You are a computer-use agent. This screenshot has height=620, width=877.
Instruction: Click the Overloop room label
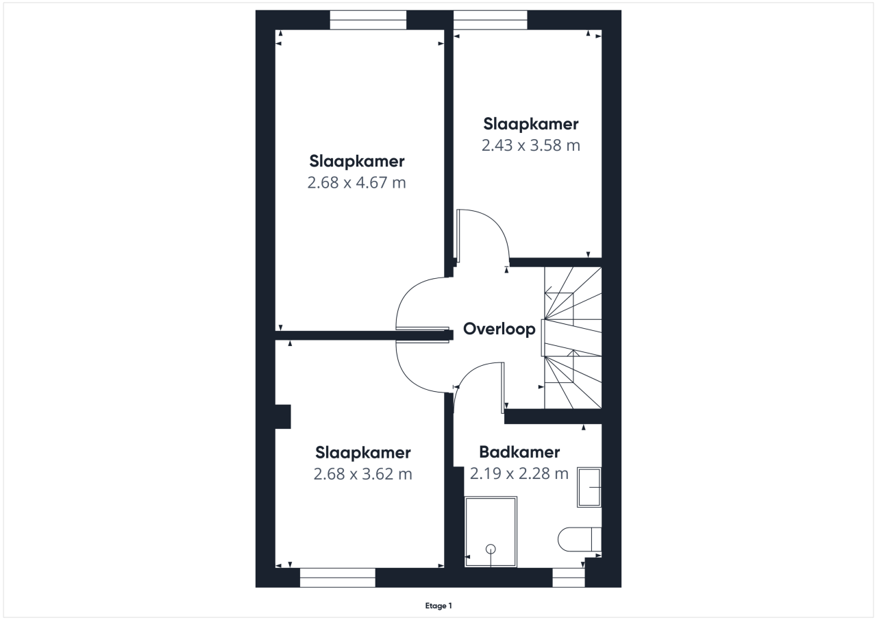click(499, 329)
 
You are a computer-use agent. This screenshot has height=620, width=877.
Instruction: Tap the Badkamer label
click(519, 452)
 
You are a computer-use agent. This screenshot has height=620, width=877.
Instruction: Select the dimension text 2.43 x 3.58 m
click(530, 145)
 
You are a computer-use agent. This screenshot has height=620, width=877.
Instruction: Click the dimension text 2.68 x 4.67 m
click(357, 182)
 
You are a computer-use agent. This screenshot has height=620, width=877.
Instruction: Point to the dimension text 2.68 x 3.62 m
click(363, 474)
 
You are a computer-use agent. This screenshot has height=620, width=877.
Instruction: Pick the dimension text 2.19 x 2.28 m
click(519, 473)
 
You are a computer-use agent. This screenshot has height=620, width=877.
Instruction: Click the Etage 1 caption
click(438, 606)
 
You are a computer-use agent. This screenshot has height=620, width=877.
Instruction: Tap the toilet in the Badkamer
click(580, 539)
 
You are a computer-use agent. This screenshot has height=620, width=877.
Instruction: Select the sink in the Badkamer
click(589, 487)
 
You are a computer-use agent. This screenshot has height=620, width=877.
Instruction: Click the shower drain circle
click(491, 549)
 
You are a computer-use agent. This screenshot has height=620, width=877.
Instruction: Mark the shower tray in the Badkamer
click(491, 532)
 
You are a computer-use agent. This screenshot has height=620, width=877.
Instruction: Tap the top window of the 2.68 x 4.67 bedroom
click(368, 20)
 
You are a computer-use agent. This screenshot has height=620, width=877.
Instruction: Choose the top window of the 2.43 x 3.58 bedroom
click(490, 20)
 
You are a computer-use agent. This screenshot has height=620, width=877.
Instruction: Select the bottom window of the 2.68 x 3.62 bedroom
click(338, 578)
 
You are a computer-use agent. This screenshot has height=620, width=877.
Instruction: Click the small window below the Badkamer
click(569, 578)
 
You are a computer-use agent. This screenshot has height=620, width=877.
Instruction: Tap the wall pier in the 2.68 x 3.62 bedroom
click(283, 417)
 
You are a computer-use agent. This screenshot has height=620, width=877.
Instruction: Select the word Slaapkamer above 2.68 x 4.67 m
click(357, 161)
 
